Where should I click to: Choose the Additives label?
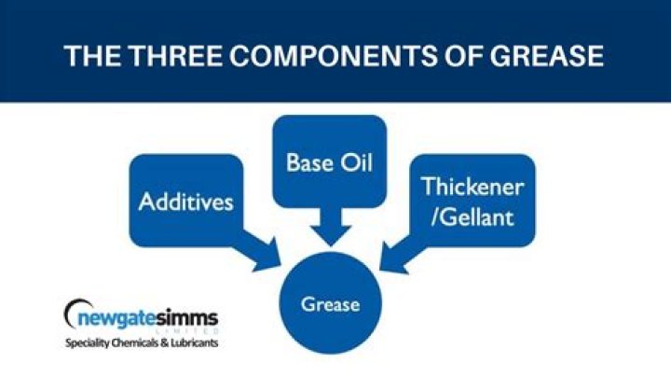point(185,201)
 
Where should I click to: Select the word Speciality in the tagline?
point(91,343)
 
